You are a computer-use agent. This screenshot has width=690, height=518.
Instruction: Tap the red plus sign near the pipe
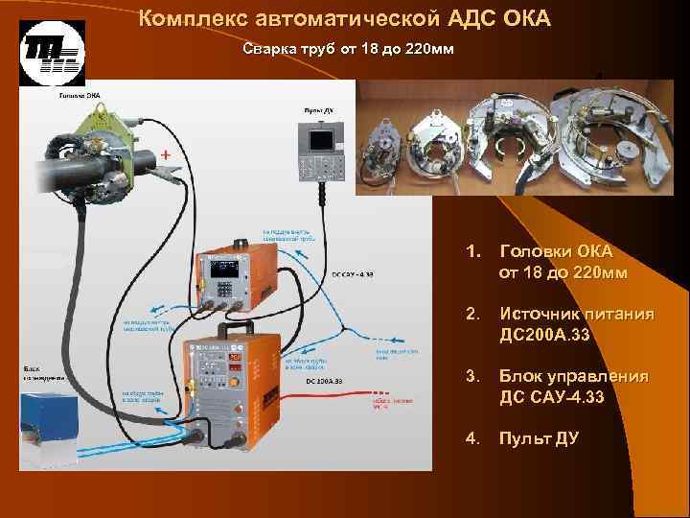point(167,153)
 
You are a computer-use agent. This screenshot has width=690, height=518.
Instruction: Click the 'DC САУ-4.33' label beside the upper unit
point(353,273)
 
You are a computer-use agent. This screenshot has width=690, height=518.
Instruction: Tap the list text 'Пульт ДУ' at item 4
point(531,438)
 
